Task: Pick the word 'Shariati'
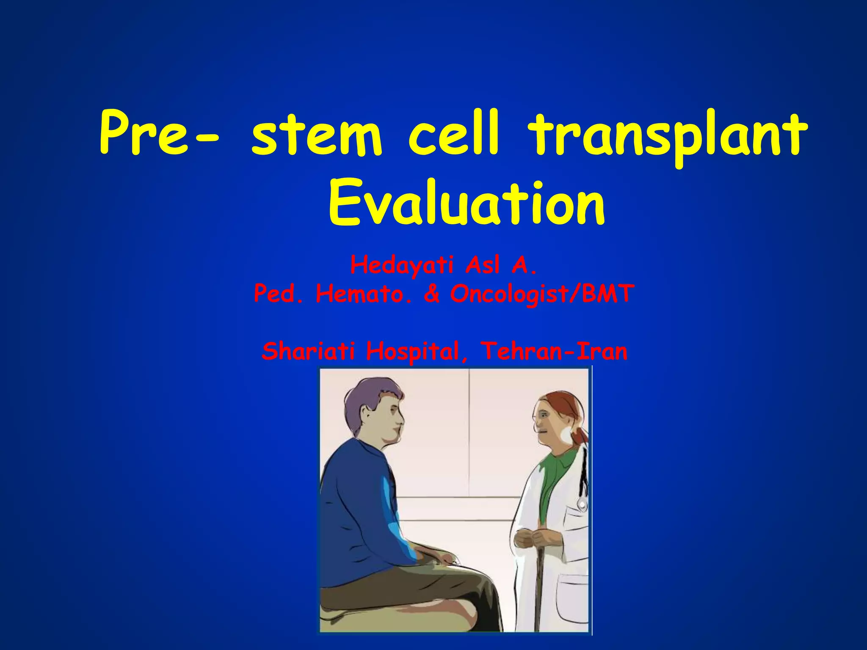[x=309, y=351]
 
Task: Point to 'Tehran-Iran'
[x=554, y=351]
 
